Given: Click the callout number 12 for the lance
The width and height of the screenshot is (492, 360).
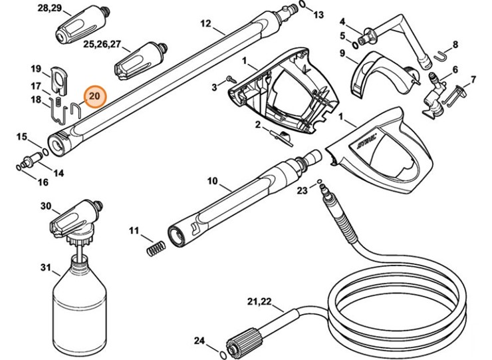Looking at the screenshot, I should click(205, 24).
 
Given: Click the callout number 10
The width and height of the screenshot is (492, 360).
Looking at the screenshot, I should click(213, 180).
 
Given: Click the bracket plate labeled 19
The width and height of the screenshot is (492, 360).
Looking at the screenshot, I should click(57, 76).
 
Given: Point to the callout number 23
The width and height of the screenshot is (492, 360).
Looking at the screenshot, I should click(302, 190).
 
